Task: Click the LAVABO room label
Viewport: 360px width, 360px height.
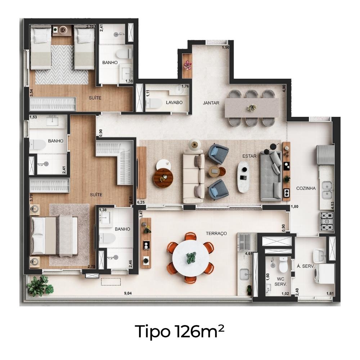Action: click(174, 102)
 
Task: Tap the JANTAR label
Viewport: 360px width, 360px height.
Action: click(211, 103)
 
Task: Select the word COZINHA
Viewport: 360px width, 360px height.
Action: click(306, 188)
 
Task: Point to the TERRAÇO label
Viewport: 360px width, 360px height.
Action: click(216, 234)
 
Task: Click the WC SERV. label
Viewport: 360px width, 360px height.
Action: click(280, 282)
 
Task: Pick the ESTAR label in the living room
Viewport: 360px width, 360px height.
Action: click(249, 156)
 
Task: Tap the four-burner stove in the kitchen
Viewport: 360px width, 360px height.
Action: click(327, 221)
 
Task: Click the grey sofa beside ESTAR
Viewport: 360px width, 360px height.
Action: click(271, 176)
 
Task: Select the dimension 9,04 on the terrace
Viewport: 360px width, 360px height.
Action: click(128, 293)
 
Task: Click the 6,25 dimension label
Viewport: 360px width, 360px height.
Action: click(141, 202)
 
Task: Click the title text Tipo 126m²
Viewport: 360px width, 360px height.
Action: click(180, 332)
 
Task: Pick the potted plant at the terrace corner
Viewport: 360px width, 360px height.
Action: click(40, 286)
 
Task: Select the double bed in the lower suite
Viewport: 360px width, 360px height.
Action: click(54, 236)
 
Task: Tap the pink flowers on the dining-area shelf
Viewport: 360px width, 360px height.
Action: click(187, 65)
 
